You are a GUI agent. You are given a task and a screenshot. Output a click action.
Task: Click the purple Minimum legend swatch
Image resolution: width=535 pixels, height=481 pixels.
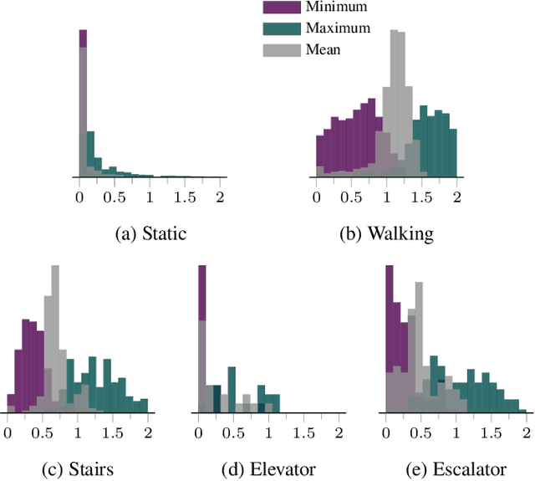tap(280, 8)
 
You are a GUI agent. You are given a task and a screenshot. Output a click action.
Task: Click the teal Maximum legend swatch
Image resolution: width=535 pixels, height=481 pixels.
tap(280, 28)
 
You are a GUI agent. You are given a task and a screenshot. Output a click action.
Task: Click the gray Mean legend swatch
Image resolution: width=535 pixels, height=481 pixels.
tap(280, 49)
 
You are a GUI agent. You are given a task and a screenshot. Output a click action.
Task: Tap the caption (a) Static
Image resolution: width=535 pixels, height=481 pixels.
tap(150, 234)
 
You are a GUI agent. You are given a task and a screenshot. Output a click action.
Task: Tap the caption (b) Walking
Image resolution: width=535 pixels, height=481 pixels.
tap(387, 234)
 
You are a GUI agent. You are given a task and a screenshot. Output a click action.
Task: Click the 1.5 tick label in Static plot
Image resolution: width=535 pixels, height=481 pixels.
tap(185, 197)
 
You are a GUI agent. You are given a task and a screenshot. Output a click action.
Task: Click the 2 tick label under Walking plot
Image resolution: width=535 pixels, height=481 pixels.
tap(457, 197)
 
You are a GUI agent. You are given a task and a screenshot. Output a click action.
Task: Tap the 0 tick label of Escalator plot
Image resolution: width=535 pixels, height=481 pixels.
tap(386, 433)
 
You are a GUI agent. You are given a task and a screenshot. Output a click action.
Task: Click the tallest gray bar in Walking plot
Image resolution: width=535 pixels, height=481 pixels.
tap(401, 100)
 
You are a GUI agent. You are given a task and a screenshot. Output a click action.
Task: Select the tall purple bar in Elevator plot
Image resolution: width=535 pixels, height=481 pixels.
tap(201, 293)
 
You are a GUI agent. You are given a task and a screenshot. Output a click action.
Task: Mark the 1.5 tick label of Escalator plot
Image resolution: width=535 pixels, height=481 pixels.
tap(492, 433)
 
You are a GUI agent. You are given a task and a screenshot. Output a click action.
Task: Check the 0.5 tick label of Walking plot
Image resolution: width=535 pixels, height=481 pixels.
tap(351, 197)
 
